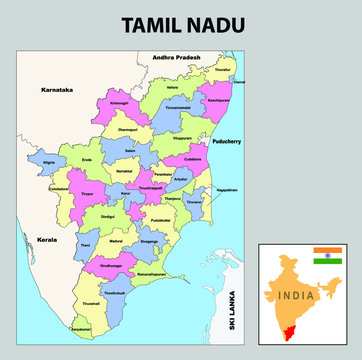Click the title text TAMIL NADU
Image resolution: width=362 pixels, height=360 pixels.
pyautogui.click(x=180, y=22)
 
